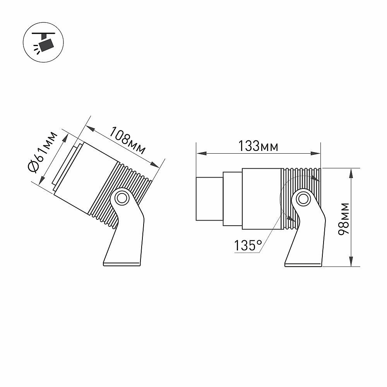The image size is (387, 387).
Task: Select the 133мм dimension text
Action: [258, 146]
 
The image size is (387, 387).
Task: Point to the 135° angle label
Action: [248, 245]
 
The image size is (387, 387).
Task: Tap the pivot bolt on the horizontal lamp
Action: [303, 199]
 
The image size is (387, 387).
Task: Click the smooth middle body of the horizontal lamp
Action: [262, 199]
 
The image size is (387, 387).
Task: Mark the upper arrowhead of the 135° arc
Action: [316, 179]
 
